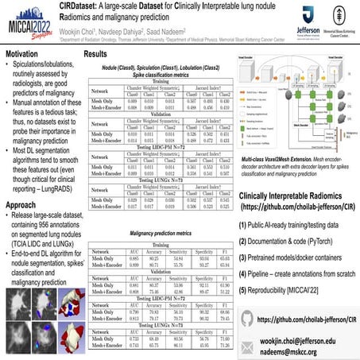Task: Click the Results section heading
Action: tap(97, 53)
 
